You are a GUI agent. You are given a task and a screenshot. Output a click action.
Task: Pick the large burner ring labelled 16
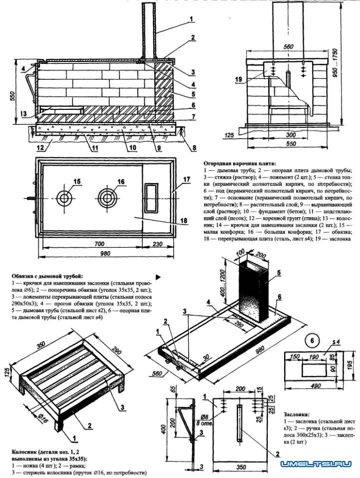pyautogui.click(x=106, y=198)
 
